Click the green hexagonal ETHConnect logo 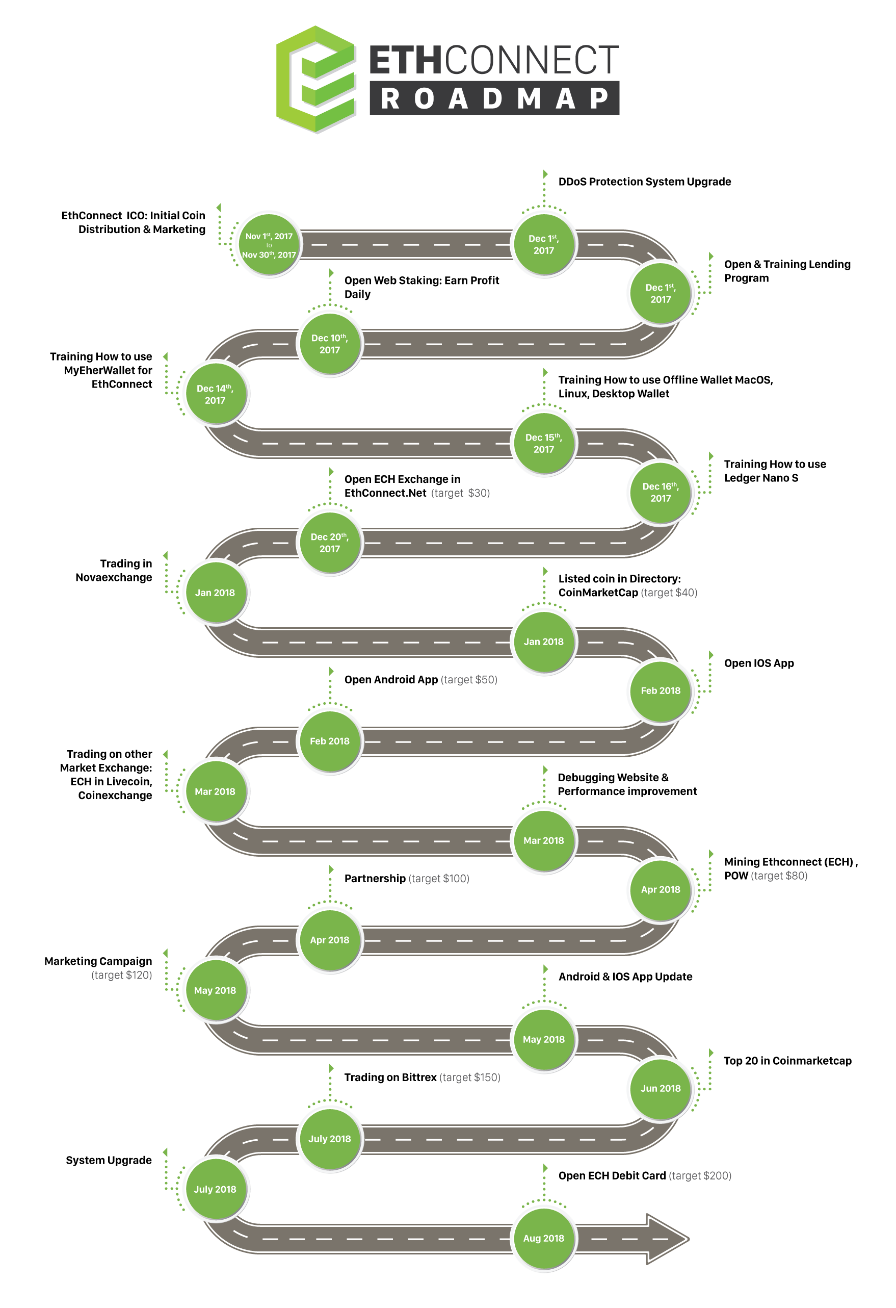pyautogui.click(x=317, y=80)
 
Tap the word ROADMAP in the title pyautogui.click(x=494, y=99)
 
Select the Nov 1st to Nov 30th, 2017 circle pyautogui.click(x=269, y=245)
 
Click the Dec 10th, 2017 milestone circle pyautogui.click(x=330, y=344)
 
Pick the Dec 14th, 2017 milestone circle pyautogui.click(x=215, y=394)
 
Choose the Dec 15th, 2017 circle pyautogui.click(x=543, y=444)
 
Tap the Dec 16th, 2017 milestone pyautogui.click(x=661, y=493)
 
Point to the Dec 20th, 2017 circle pyautogui.click(x=330, y=543)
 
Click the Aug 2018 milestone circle pyautogui.click(x=543, y=1238)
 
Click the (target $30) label pyautogui.click(x=460, y=493)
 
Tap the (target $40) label pyautogui.click(x=669, y=593)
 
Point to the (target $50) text pyautogui.click(x=468, y=680)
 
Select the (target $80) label pyautogui.click(x=779, y=876)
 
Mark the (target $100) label pyautogui.click(x=439, y=879)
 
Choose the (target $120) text pyautogui.click(x=121, y=976)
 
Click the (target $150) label pyautogui.click(x=469, y=1077)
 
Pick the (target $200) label pyautogui.click(x=700, y=1176)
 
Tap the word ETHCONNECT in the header pyautogui.click(x=494, y=61)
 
